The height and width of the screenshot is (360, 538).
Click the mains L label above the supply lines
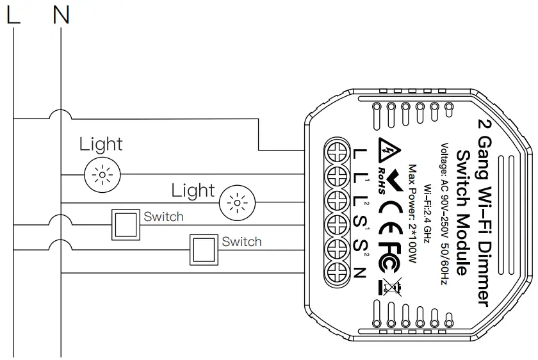click(x=13, y=16)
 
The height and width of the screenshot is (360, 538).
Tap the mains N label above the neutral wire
click(x=61, y=16)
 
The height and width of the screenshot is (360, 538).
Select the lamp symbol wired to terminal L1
click(x=101, y=173)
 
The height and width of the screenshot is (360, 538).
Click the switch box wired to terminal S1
click(x=125, y=224)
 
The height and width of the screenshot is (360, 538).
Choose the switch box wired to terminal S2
click(x=203, y=249)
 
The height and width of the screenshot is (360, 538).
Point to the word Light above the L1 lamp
click(x=101, y=144)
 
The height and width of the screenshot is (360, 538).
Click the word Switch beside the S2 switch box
click(x=241, y=241)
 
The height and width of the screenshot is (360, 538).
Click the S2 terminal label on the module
click(x=361, y=249)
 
